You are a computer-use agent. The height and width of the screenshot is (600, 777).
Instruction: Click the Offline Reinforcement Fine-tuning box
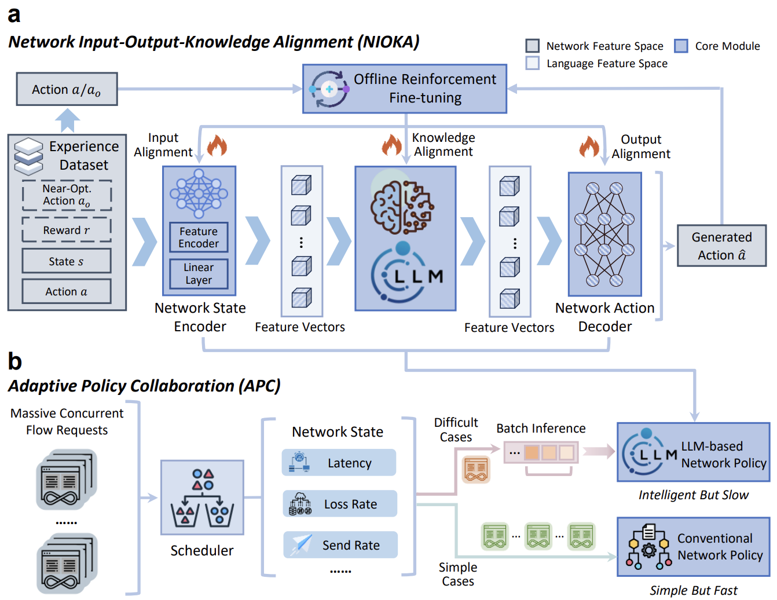point(405,89)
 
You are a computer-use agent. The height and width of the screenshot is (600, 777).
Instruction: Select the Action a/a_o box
point(67,89)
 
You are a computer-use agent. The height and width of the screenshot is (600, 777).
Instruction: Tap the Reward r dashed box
point(67,230)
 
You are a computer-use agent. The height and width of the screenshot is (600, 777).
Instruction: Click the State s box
point(67,261)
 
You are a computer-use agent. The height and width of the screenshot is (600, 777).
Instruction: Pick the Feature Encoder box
point(199,237)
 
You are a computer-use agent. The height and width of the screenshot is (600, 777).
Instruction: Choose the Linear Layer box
point(199,273)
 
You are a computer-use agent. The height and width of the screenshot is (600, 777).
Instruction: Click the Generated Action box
point(721,246)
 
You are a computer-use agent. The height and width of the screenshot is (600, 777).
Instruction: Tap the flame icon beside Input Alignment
point(217,146)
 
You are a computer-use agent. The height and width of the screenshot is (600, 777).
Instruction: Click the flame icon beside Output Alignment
point(589,147)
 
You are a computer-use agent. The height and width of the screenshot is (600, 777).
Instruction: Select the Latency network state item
point(339,463)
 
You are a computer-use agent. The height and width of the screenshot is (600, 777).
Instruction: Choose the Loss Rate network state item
point(340,504)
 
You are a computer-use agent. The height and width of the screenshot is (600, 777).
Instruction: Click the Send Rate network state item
point(340,545)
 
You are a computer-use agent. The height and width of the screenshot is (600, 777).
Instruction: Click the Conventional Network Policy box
point(693,547)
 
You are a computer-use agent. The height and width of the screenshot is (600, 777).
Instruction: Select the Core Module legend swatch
point(681,46)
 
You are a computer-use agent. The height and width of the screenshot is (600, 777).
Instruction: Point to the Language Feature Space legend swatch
point(533,63)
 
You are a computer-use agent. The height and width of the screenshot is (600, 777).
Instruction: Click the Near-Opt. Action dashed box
point(67,195)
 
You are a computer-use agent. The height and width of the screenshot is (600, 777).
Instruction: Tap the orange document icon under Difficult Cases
point(476,469)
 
